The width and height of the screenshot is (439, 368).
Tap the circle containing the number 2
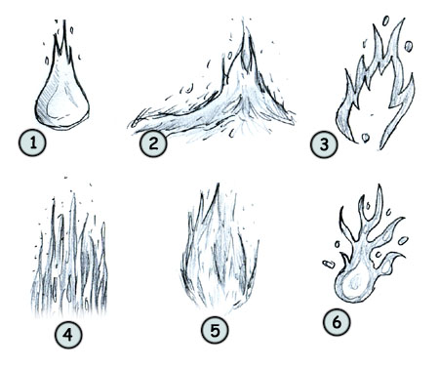(x=152, y=145)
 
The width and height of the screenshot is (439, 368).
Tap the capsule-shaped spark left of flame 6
(x=326, y=261)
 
